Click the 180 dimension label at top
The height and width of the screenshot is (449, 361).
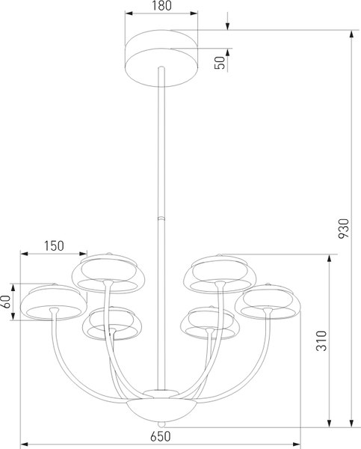162,7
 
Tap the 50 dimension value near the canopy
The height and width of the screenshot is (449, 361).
220,61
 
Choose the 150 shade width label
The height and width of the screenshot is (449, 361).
53,245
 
